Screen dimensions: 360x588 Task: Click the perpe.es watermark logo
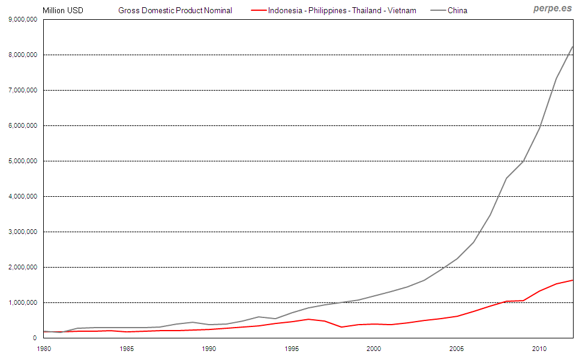552,8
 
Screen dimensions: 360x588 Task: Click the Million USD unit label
63,10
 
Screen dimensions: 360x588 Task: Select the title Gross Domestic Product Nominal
175,10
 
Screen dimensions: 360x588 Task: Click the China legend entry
457,10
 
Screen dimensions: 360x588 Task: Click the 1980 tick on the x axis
44,349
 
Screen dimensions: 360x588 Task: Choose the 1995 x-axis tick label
292,349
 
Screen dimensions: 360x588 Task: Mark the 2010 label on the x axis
539,349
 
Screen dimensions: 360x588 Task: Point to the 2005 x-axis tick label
457,349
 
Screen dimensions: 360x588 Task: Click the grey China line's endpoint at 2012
572,46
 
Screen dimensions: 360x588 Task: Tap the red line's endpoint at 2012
572,280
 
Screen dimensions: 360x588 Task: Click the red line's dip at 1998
341,327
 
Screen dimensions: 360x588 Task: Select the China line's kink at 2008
506,178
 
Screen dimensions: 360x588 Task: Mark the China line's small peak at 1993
259,317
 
